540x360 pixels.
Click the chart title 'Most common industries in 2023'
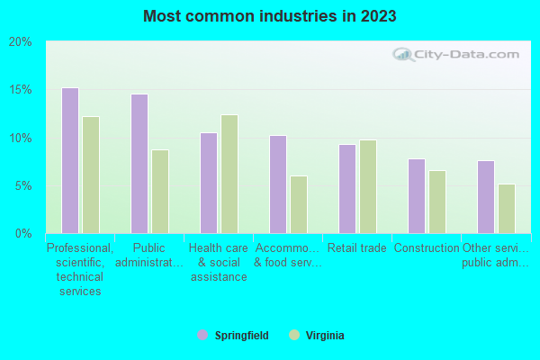pyautogui.click(x=269, y=16)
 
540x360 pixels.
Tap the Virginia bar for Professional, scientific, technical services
pyautogui.click(x=91, y=175)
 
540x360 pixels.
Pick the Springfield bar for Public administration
pyautogui.click(x=139, y=164)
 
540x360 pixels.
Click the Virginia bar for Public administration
pyautogui.click(x=160, y=191)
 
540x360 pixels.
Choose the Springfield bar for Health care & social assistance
pyautogui.click(x=209, y=183)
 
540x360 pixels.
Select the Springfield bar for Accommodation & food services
pyautogui.click(x=278, y=184)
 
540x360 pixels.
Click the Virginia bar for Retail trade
pyautogui.click(x=368, y=186)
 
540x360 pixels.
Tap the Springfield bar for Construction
pyautogui.click(x=417, y=196)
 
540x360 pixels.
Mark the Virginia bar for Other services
pyautogui.click(x=507, y=209)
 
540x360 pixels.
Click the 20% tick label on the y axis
pyautogui.click(x=20, y=42)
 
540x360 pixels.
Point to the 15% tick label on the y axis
pyautogui.click(x=20, y=90)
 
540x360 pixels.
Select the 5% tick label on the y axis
pyautogui.click(x=22, y=186)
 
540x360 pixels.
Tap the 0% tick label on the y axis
pyautogui.click(x=22, y=234)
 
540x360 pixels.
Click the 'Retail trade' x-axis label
pyautogui.click(x=357, y=248)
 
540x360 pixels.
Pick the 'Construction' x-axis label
pyautogui.click(x=427, y=248)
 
